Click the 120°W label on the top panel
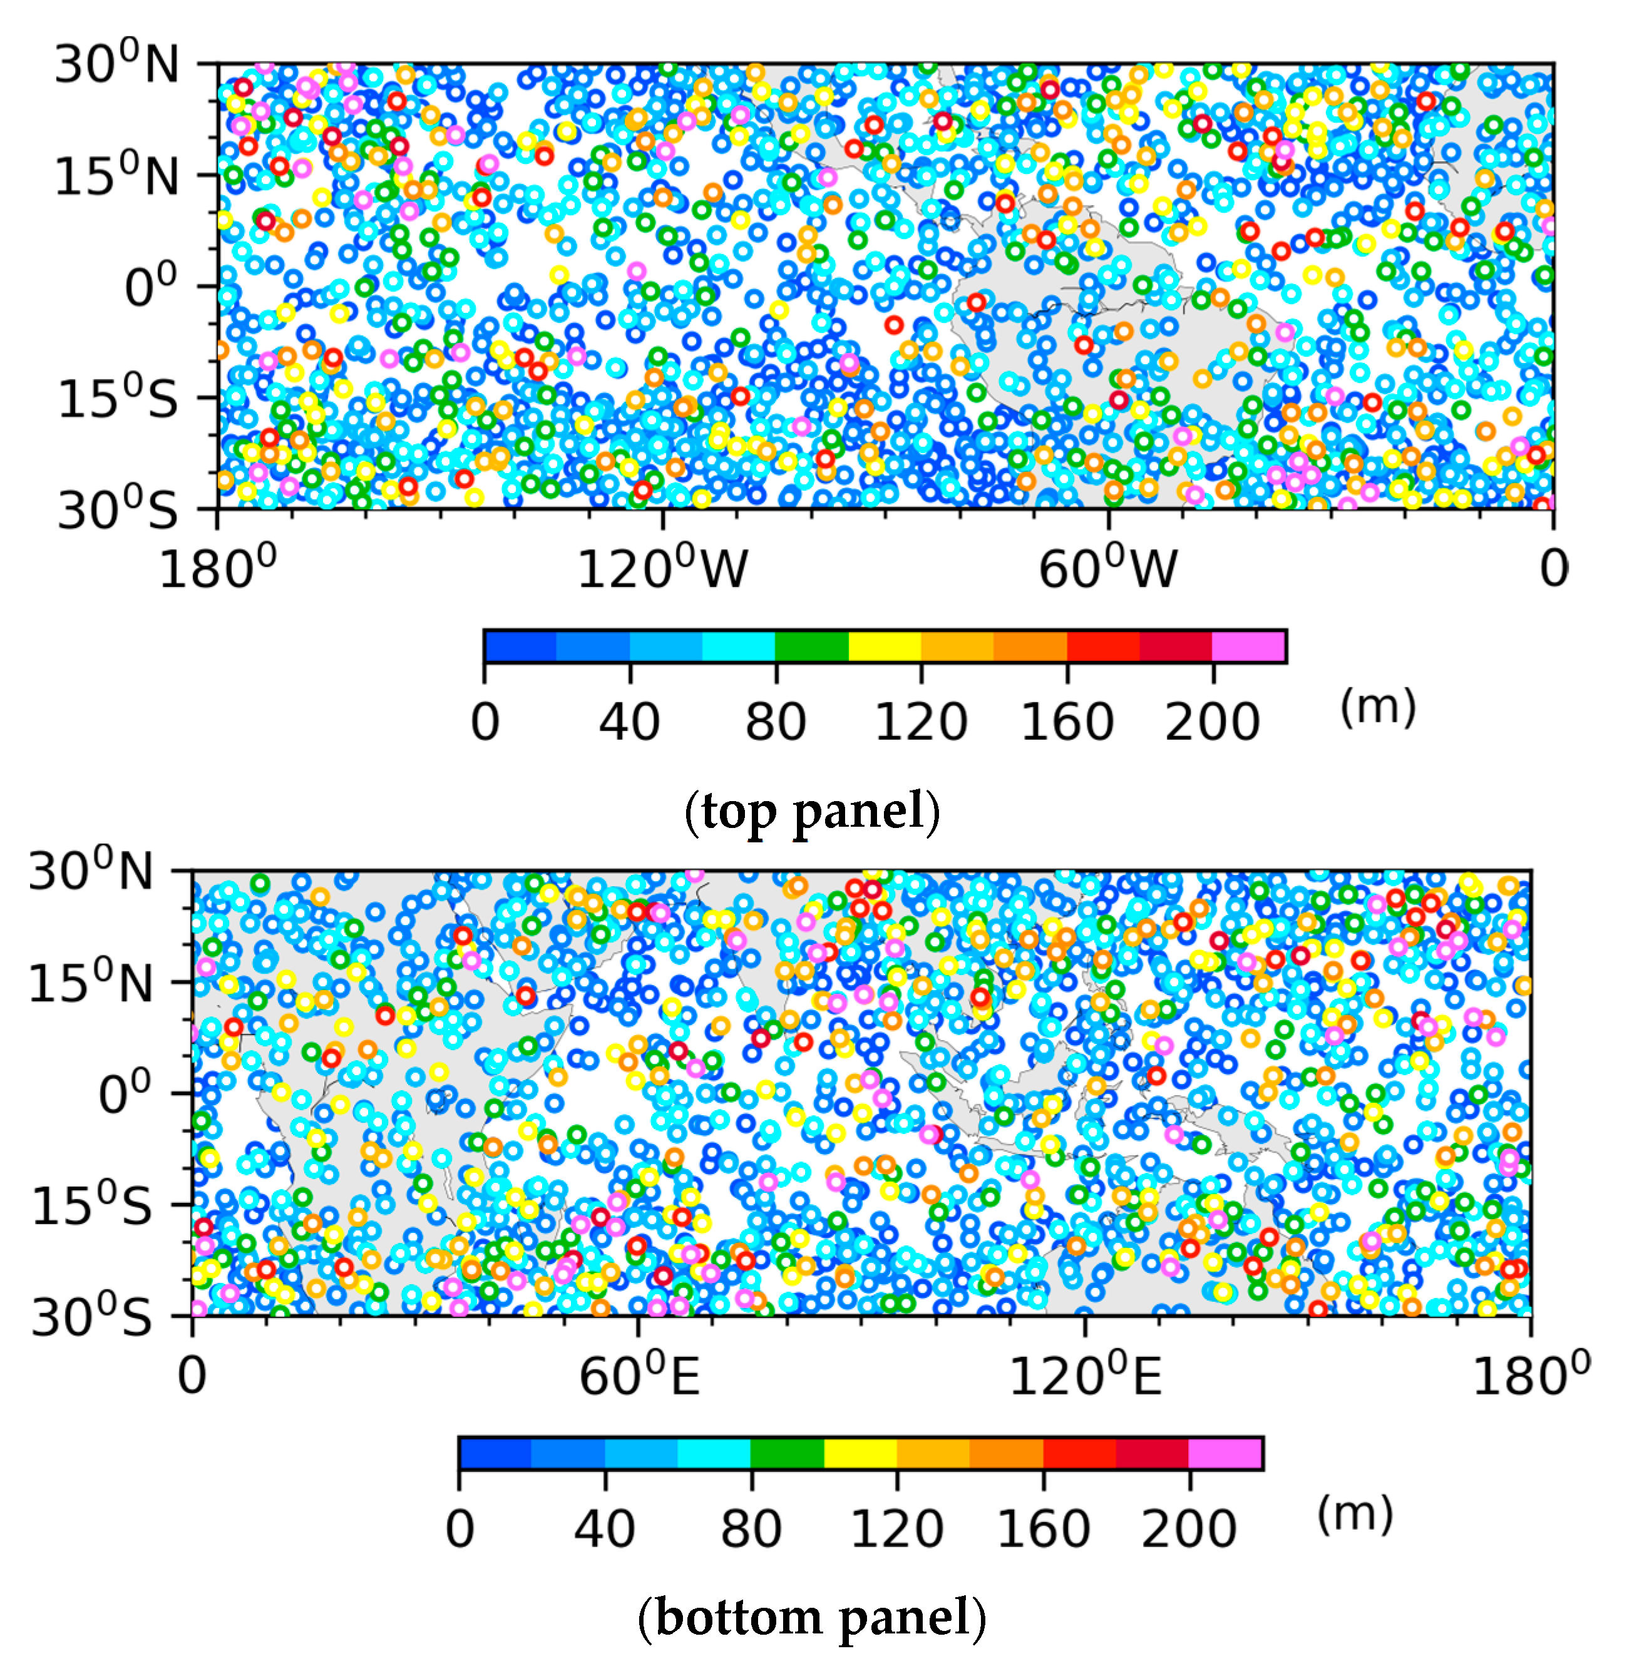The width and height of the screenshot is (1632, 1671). [x=662, y=568]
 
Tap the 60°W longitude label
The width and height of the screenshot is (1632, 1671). [x=1107, y=568]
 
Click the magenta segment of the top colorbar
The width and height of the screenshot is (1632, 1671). [x=1249, y=646]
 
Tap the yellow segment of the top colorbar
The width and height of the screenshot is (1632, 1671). [x=884, y=646]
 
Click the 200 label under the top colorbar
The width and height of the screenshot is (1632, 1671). [x=1212, y=722]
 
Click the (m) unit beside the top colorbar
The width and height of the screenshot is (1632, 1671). [x=1377, y=708]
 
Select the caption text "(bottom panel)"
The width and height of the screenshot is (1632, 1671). [x=812, y=1617]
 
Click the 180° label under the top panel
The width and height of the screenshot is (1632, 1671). [x=218, y=568]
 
